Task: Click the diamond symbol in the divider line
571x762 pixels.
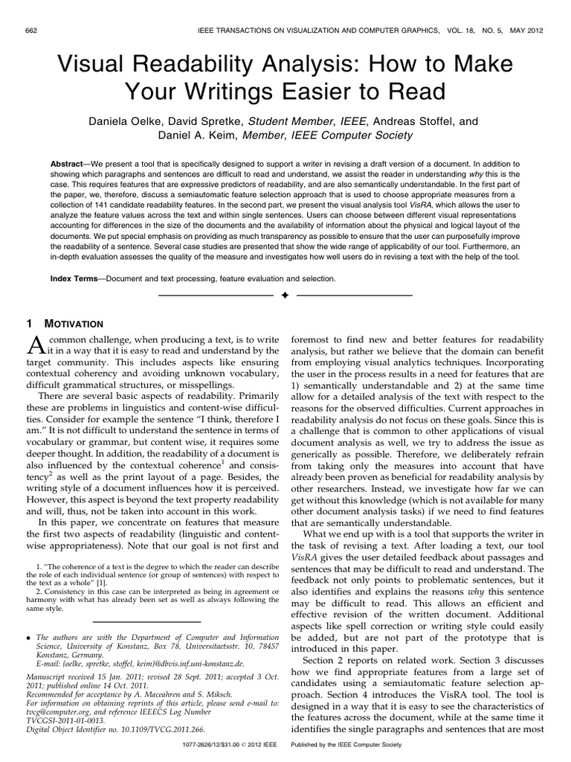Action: click(285, 296)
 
